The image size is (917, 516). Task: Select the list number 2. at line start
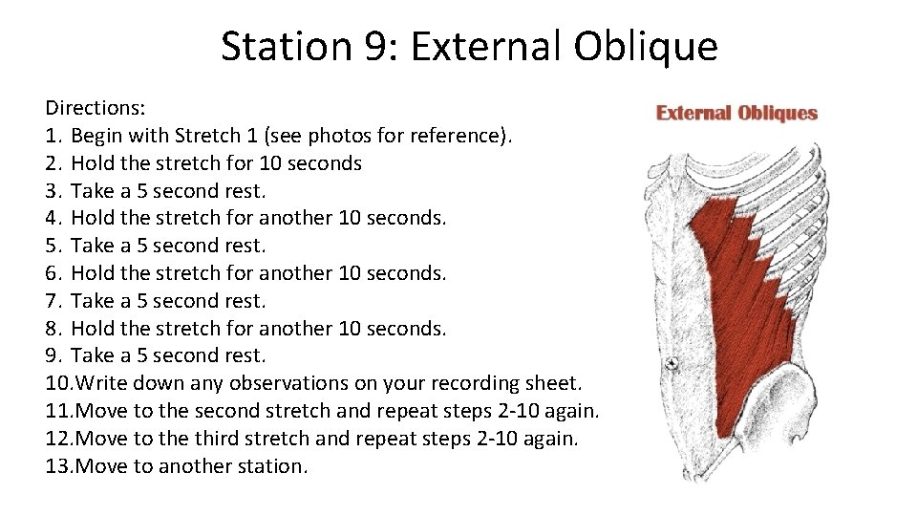point(53,163)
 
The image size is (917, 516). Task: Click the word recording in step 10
point(452,383)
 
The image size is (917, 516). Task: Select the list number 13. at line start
point(59,466)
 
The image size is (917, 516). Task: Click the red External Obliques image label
point(736,113)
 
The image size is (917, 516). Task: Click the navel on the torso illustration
point(672,363)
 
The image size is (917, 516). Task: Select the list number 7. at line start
point(53,301)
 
